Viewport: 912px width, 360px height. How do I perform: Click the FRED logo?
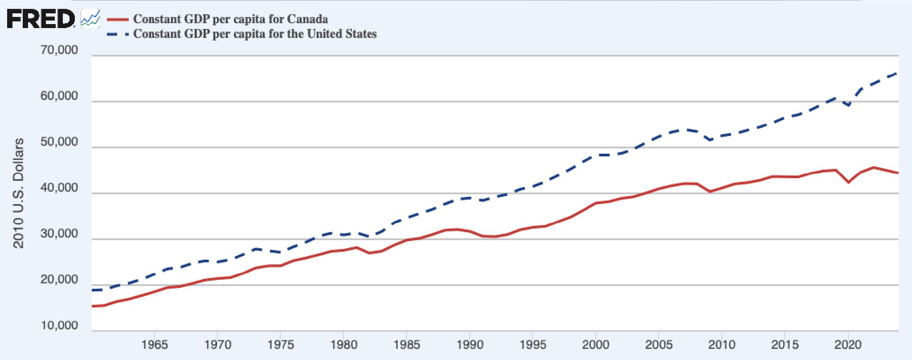click(41, 19)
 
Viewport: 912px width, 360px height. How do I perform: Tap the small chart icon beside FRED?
click(90, 19)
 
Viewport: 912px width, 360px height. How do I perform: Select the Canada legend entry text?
click(230, 19)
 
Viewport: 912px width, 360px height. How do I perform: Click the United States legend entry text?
click(255, 34)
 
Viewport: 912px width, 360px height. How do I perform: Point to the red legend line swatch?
click(118, 19)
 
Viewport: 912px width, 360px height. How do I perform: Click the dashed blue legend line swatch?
click(118, 34)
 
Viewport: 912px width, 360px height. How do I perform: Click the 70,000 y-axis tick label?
click(59, 50)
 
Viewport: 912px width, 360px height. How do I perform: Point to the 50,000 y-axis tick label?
click(59, 142)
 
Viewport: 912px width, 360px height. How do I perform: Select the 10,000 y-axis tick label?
click(59, 325)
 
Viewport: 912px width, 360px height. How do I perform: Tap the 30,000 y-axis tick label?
click(59, 233)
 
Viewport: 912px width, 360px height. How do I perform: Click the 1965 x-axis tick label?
click(155, 344)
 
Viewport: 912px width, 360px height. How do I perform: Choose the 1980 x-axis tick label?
click(344, 344)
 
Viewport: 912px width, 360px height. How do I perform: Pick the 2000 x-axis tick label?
click(596, 344)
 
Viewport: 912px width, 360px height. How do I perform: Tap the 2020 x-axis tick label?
click(848, 344)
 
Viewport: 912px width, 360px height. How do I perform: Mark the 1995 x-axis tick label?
click(533, 344)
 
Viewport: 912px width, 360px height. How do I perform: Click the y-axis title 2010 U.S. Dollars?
click(18, 193)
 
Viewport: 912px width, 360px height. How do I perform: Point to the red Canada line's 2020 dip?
click(849, 182)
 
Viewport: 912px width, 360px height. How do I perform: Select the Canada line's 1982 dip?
click(369, 253)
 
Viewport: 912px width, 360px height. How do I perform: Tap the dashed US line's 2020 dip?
click(849, 106)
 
